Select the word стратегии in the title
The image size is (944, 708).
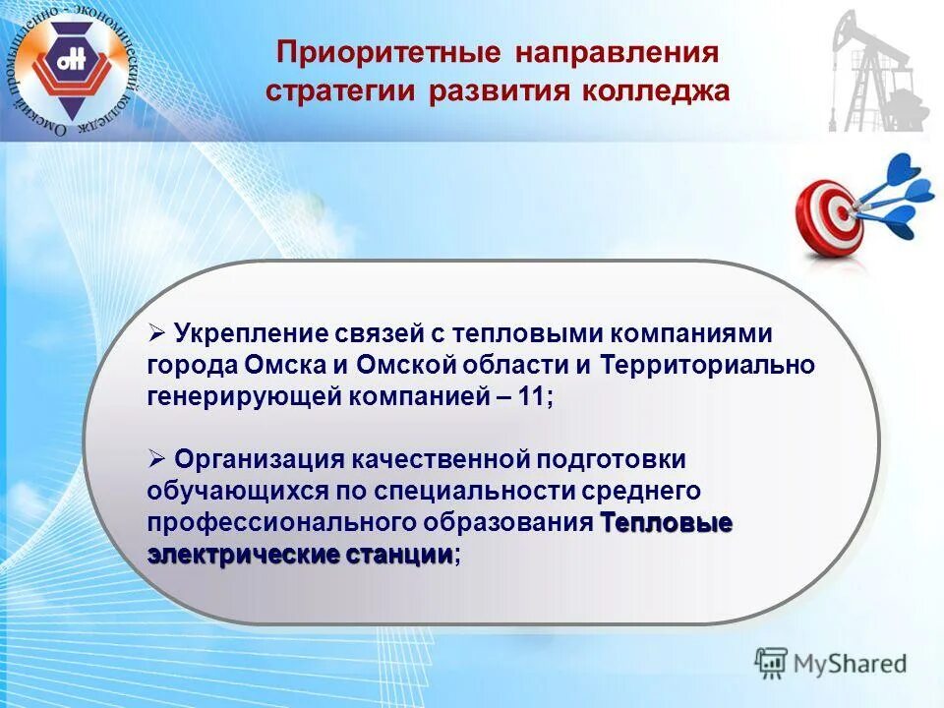pos(342,91)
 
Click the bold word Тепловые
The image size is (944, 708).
pos(665,521)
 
